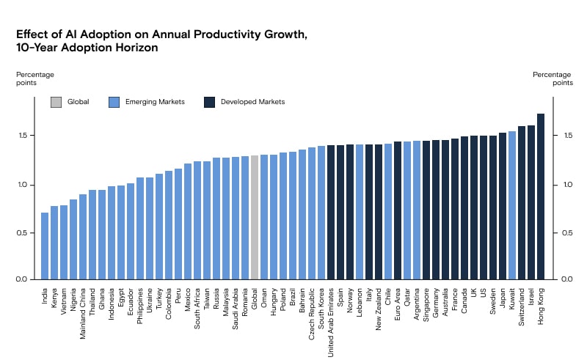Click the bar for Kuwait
click(512, 205)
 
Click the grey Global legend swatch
click(56, 102)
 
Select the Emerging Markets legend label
click(146, 102)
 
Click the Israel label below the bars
click(531, 297)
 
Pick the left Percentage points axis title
click(36, 78)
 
